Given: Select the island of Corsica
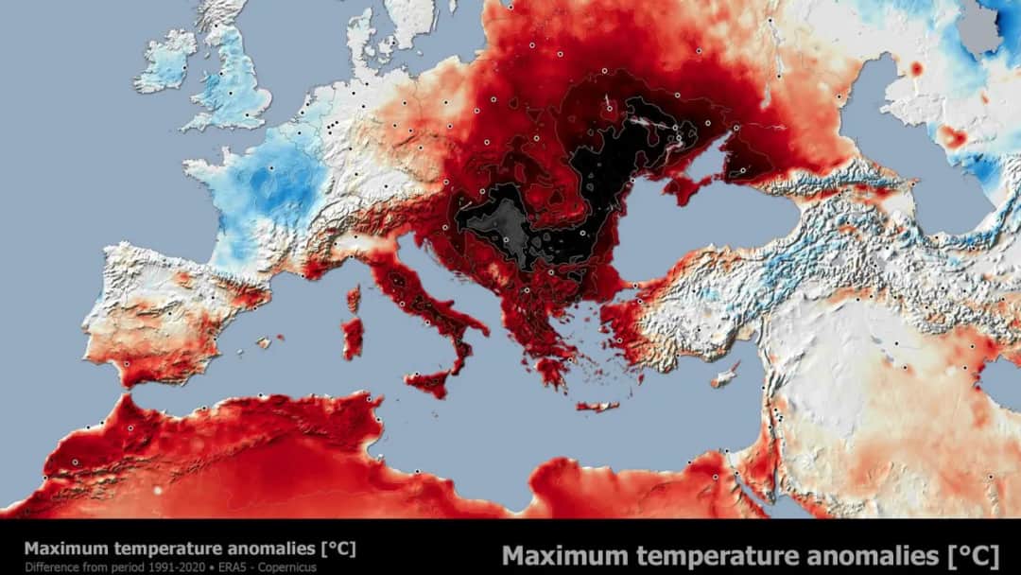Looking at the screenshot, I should [355, 300].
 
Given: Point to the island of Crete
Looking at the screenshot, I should [597, 407].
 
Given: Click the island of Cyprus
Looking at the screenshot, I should [725, 375].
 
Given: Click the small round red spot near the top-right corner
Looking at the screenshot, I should [915, 69].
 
